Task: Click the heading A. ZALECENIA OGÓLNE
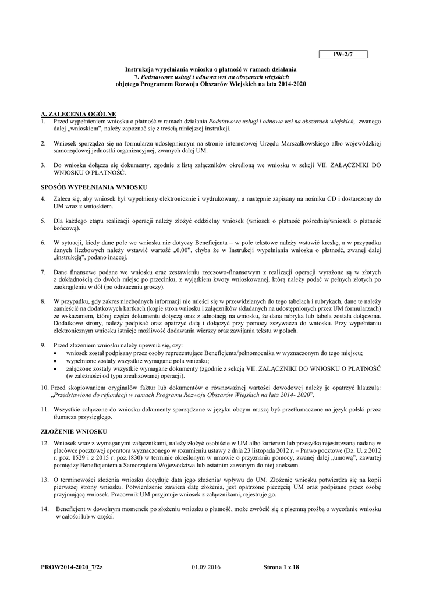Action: point(79,114)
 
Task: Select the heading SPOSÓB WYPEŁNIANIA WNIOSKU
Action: point(94,187)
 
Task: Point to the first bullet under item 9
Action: point(55,353)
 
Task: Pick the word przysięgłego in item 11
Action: point(93,417)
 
